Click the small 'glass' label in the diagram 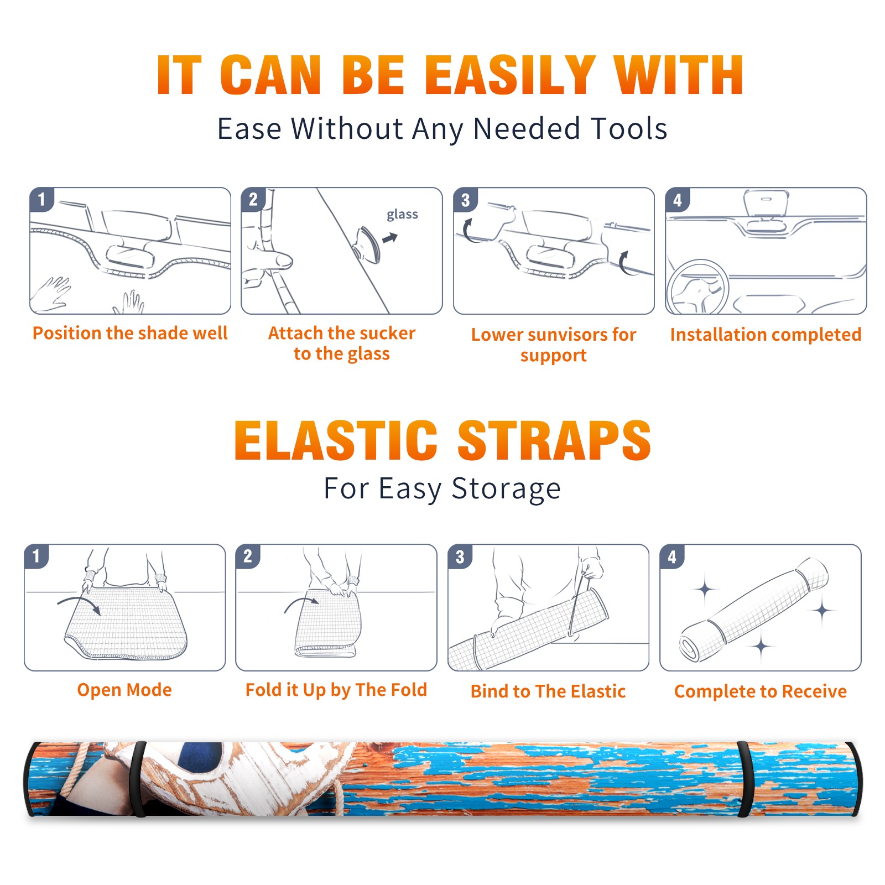402,215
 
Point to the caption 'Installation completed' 766,334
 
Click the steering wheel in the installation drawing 697,287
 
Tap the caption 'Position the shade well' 130,333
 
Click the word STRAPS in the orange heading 554,440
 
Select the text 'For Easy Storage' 442,488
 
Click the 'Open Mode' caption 124,690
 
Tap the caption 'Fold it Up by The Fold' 336,690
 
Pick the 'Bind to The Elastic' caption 548,691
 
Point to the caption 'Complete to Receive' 761,691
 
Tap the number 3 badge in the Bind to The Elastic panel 460,557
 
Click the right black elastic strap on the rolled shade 745,779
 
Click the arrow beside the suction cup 390,238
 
